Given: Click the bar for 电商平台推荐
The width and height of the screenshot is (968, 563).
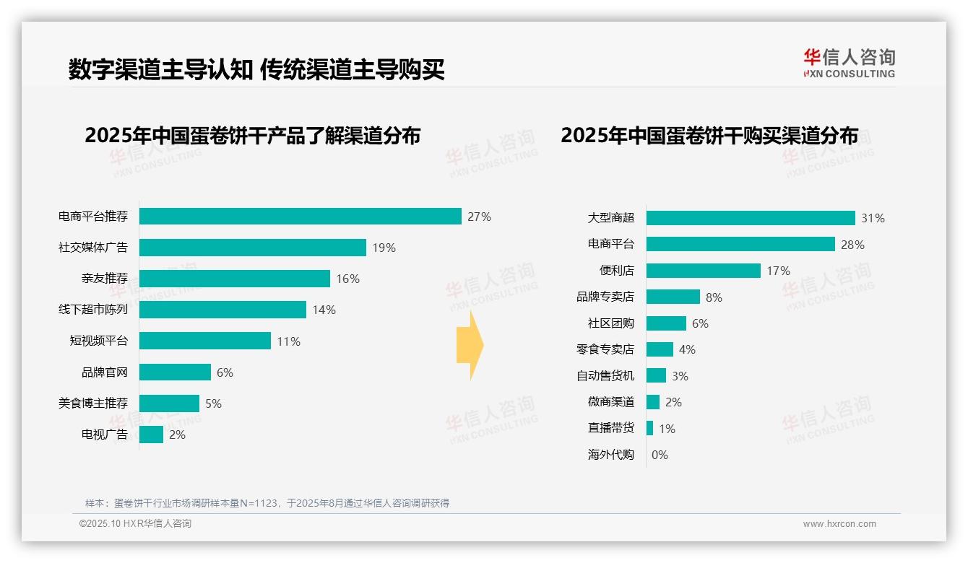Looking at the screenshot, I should pyautogui.click(x=300, y=217).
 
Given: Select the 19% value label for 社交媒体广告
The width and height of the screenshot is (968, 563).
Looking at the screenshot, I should pyautogui.click(x=384, y=248).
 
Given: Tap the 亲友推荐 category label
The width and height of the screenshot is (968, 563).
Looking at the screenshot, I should pyautogui.click(x=104, y=279).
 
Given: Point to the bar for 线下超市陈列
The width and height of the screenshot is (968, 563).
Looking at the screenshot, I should pyautogui.click(x=222, y=310).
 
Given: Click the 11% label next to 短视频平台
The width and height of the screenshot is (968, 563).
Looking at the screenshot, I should pyautogui.click(x=288, y=341).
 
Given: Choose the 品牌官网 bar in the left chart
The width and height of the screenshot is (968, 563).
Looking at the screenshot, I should pyautogui.click(x=175, y=372).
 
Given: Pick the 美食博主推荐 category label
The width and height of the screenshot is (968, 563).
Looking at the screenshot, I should pyautogui.click(x=92, y=403).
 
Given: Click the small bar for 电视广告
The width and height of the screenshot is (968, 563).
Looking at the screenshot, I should pyautogui.click(x=151, y=435).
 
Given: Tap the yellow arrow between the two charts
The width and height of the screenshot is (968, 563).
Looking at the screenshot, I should pyautogui.click(x=470, y=346).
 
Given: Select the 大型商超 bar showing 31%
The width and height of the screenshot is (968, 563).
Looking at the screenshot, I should pyautogui.click(x=750, y=218).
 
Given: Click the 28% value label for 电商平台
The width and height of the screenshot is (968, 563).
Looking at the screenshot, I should pyautogui.click(x=852, y=245).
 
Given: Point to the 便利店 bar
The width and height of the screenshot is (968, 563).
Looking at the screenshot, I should pyautogui.click(x=703, y=271).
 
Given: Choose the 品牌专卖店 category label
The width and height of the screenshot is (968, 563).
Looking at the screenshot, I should pyautogui.click(x=605, y=297).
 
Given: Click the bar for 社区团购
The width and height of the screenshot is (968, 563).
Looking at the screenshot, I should pyautogui.click(x=666, y=323).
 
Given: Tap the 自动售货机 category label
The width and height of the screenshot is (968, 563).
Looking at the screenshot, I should pyautogui.click(x=605, y=376).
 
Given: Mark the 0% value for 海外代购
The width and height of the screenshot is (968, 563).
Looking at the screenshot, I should pyautogui.click(x=660, y=455).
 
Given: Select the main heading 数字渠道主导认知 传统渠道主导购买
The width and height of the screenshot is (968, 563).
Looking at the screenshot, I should pyautogui.click(x=256, y=69).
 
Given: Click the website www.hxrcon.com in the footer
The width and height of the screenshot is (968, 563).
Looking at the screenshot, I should pyautogui.click(x=839, y=524).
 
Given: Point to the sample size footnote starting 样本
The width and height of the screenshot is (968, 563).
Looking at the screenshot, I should pyautogui.click(x=267, y=503).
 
